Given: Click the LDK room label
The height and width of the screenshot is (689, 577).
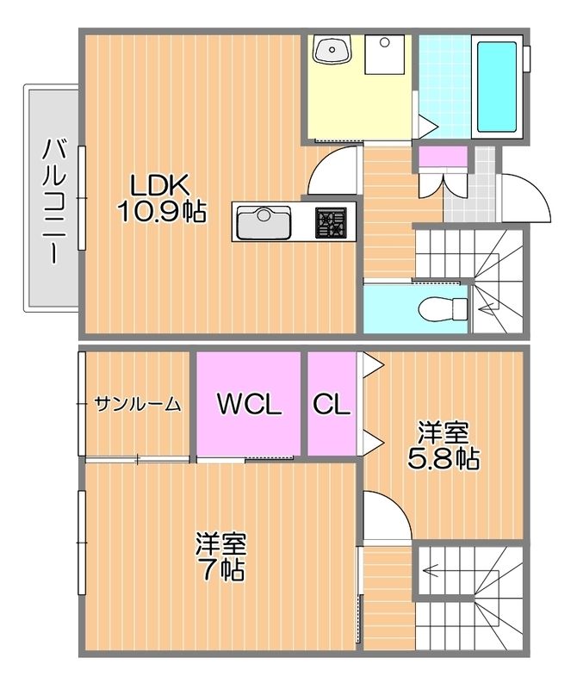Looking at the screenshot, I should (160, 183).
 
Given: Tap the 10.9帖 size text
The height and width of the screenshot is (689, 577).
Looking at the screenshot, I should (161, 212).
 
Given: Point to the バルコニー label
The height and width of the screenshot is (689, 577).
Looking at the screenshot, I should (53, 200).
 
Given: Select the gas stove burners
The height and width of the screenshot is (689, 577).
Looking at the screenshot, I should (330, 223).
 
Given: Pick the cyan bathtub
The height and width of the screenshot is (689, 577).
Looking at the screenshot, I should (496, 84).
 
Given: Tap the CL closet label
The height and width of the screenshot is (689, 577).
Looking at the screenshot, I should (331, 404).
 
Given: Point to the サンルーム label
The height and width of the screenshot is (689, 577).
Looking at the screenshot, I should (138, 403).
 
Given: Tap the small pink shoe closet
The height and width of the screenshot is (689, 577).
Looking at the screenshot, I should (443, 157).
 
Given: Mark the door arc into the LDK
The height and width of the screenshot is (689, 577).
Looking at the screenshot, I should (332, 171).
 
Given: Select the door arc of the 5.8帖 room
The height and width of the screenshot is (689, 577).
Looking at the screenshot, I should (384, 517).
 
